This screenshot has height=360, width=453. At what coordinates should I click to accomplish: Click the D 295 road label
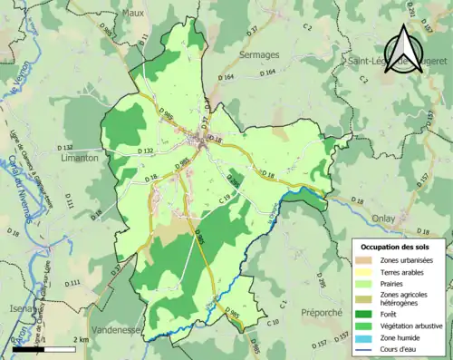[x=233, y=180]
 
